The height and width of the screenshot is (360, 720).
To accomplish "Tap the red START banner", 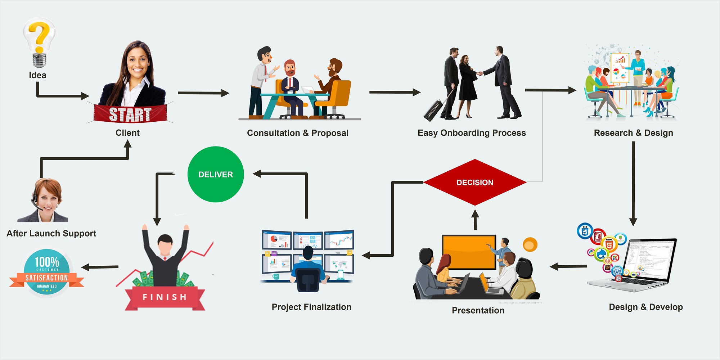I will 130,114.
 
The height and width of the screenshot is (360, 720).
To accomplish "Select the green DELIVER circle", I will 216,174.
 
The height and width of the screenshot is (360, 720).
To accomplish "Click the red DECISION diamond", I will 475,182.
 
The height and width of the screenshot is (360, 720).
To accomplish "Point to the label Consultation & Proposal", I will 298,133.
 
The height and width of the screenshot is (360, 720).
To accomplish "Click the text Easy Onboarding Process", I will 472,133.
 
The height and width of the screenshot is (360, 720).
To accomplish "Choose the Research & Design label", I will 633,133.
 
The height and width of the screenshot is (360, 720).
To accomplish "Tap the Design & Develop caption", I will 646,307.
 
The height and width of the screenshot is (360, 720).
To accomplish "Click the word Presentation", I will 478,310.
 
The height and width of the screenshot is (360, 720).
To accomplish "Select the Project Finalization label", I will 311,307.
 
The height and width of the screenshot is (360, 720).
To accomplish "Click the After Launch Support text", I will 51,233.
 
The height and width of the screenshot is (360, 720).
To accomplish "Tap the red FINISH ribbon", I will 165,297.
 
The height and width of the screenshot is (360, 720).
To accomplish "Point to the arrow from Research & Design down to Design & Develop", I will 633,184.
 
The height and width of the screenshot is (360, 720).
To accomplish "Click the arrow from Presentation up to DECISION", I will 475,220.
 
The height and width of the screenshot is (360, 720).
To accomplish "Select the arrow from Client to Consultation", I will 203,93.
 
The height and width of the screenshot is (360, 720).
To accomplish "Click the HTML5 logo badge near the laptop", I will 609,244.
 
